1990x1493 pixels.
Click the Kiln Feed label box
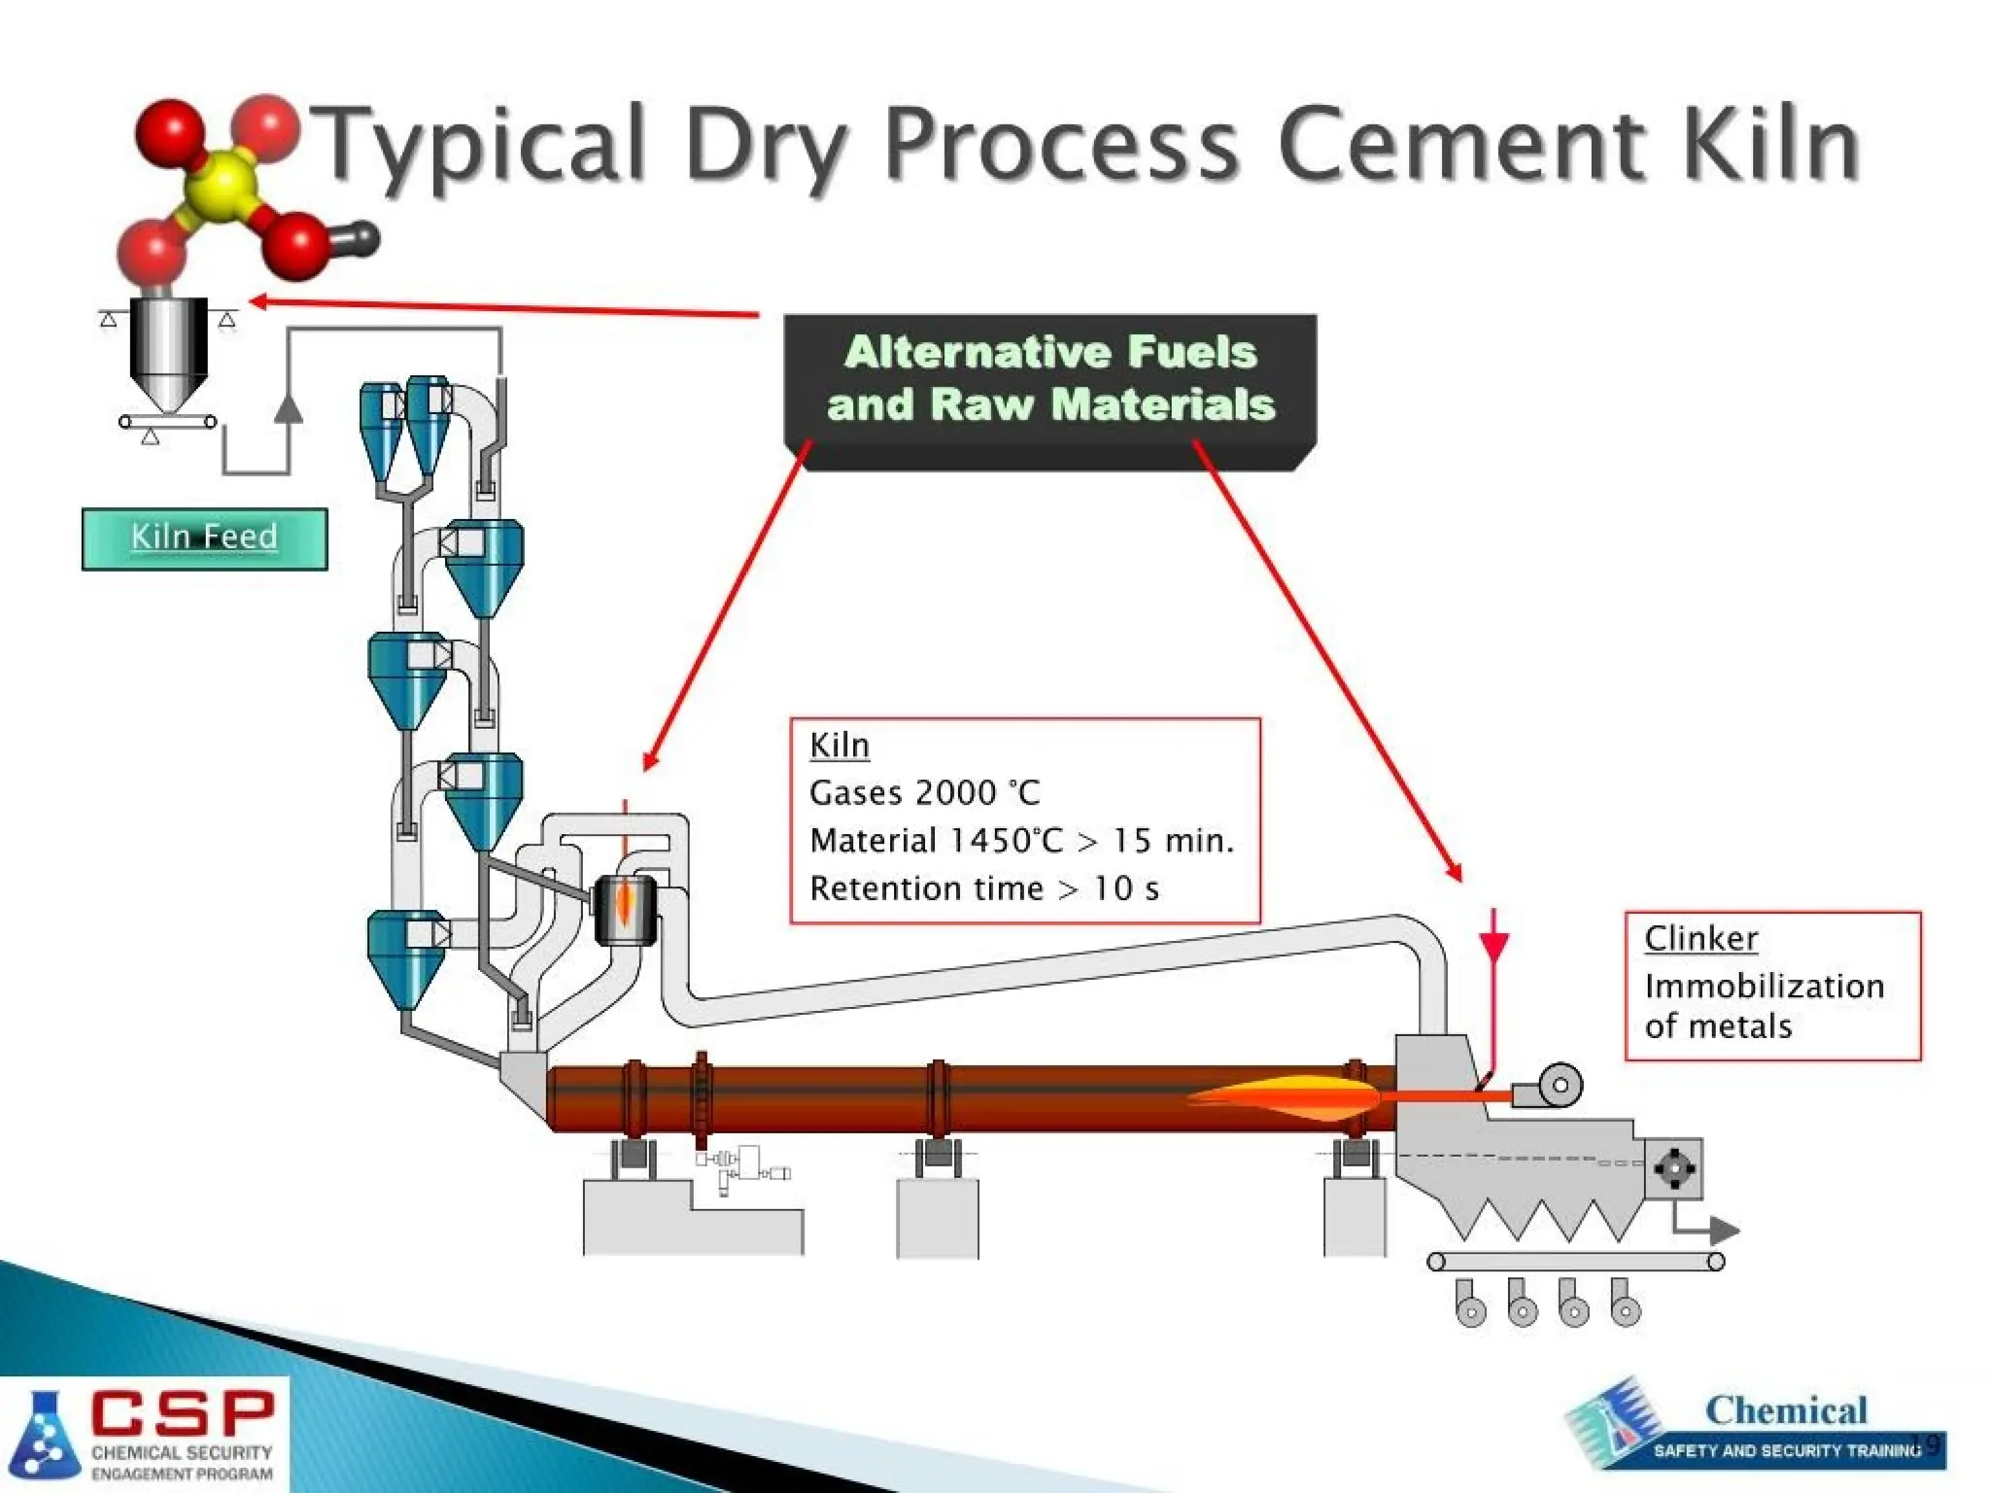[204, 538]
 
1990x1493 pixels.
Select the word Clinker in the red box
[1700, 939]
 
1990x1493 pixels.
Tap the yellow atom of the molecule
[223, 182]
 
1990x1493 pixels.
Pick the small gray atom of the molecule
[361, 237]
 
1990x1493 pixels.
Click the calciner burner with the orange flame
[625, 909]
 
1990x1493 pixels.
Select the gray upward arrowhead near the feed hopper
[288, 407]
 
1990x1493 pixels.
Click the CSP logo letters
[183, 1414]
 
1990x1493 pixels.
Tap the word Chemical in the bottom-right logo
[1786, 1410]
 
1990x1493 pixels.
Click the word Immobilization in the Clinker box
[1764, 987]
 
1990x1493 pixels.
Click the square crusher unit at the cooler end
[1673, 1169]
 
